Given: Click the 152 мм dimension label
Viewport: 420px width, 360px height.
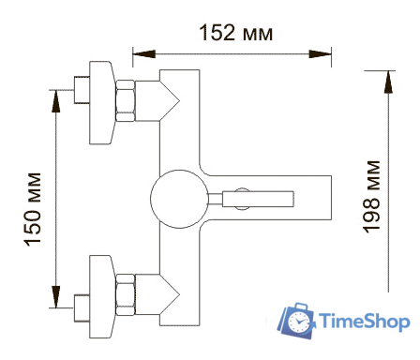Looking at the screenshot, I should tap(236, 33).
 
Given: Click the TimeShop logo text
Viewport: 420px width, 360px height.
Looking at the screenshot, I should tap(364, 321).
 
